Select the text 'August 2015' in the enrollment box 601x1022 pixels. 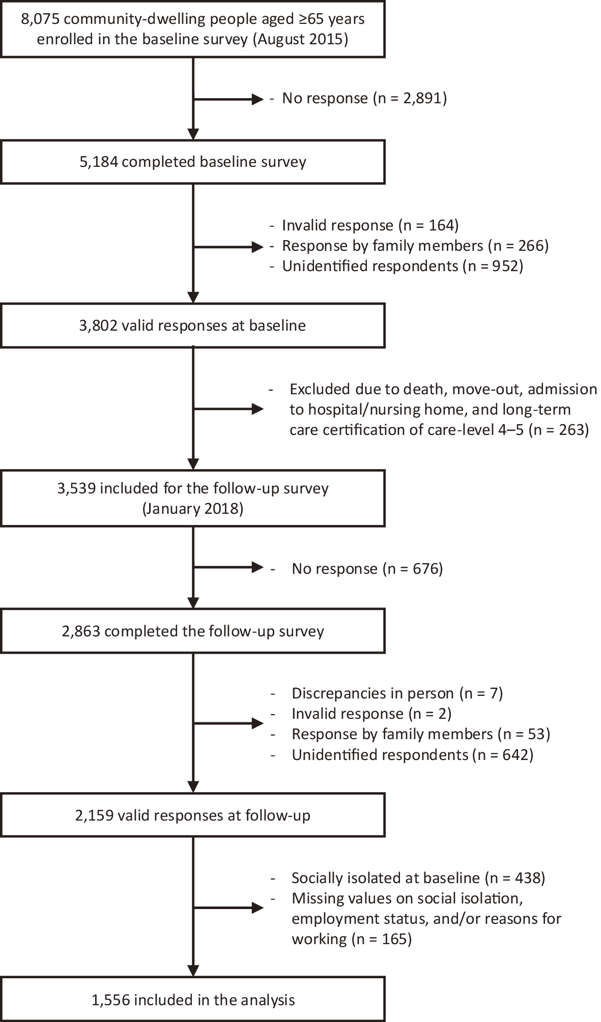[x=300, y=40]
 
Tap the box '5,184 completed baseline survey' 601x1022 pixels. [x=193, y=162]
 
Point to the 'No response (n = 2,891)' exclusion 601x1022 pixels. [x=364, y=98]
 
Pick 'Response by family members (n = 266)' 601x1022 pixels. [x=415, y=246]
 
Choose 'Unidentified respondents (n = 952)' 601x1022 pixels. [x=403, y=266]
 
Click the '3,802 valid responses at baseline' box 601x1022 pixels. [x=193, y=326]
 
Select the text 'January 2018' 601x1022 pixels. [x=192, y=509]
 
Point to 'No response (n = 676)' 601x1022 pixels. [x=367, y=568]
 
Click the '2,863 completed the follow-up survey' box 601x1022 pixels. [x=193, y=631]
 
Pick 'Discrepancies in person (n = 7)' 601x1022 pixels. [x=397, y=693]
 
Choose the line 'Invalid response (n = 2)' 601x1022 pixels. [x=371, y=713]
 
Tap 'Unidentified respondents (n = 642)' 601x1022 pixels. [x=412, y=754]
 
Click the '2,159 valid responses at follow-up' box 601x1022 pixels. [x=193, y=815]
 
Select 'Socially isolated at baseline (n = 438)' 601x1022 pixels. [x=418, y=878]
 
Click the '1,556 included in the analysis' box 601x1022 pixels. [x=193, y=1000]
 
